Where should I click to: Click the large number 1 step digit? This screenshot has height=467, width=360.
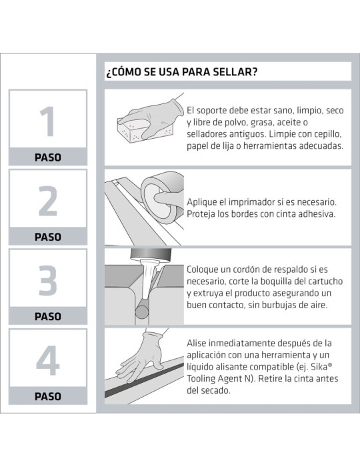click(x=47, y=121)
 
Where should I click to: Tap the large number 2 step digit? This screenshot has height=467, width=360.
click(x=47, y=201)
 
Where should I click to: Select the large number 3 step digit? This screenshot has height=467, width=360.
click(x=47, y=281)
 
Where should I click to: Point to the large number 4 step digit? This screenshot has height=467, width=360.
click(x=47, y=361)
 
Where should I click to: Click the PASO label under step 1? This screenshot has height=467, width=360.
click(x=47, y=158)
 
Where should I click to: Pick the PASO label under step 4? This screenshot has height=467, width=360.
click(x=47, y=396)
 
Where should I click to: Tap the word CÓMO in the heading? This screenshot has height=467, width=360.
click(x=129, y=71)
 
